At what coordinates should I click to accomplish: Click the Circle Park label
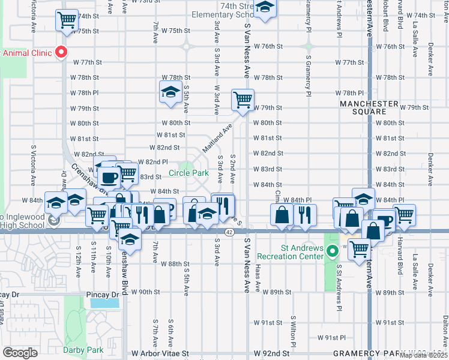[x=188, y=173]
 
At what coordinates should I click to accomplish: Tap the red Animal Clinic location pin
[x=61, y=53]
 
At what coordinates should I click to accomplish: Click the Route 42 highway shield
[x=229, y=232]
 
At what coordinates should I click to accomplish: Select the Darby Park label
[x=83, y=350]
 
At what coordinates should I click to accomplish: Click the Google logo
[x=20, y=352]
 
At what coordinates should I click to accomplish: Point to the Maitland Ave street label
[x=217, y=138]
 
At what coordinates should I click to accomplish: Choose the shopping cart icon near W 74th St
[x=67, y=20]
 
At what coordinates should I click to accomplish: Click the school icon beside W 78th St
[x=170, y=93]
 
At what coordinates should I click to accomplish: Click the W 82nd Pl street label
[x=152, y=162]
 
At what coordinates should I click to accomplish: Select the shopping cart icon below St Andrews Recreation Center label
[x=359, y=248]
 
